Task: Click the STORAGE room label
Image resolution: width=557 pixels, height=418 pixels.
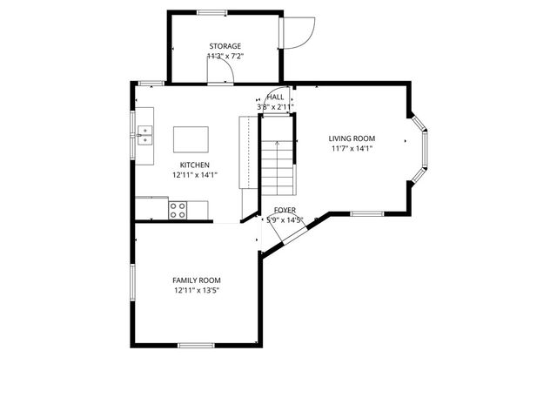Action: [x=225, y=46]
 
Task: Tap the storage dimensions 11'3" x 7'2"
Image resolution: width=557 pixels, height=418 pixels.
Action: [x=225, y=56]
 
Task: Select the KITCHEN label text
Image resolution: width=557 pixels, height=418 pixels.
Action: [x=194, y=165]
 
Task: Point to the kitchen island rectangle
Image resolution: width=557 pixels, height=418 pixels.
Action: [x=191, y=139]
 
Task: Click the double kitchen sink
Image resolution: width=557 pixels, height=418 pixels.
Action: [x=144, y=134]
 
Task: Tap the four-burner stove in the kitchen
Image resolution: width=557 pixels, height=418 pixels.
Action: [x=178, y=209]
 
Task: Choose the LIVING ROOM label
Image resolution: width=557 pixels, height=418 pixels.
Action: [x=352, y=138]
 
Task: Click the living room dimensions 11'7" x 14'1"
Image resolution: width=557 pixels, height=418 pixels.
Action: [x=352, y=148]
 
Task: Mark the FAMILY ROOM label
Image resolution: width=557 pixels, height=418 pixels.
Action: [x=196, y=280]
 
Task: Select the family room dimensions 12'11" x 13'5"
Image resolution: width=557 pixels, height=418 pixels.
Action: [x=196, y=291]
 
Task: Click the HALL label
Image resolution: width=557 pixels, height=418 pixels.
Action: [x=275, y=98]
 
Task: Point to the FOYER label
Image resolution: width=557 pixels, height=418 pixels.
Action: [x=285, y=211]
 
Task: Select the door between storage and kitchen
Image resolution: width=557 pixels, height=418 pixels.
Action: [x=221, y=73]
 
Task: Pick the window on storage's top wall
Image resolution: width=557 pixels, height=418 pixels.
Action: [x=211, y=12]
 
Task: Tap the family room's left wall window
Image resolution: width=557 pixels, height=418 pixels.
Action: [x=132, y=282]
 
